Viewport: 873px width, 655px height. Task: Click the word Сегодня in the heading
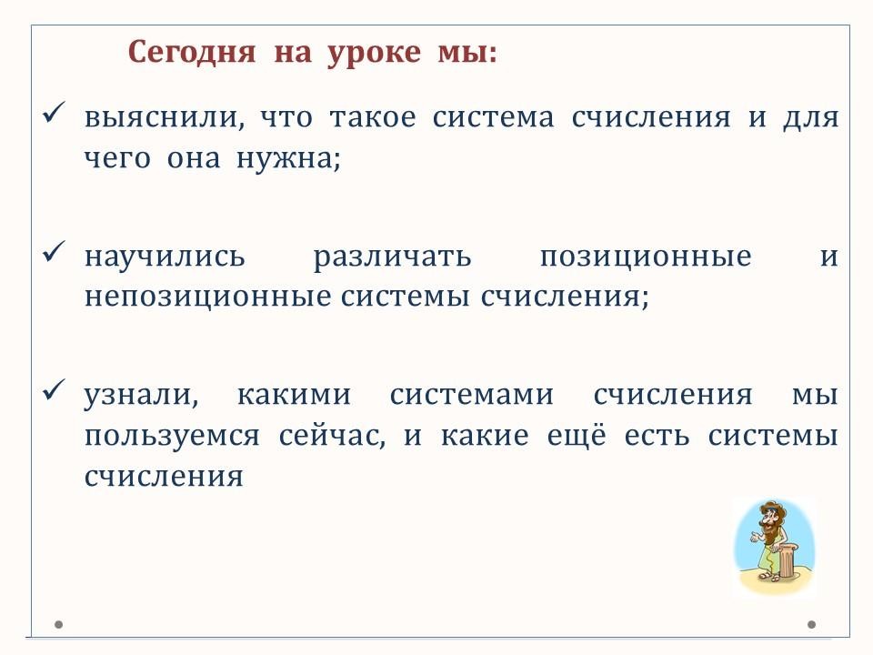point(192,53)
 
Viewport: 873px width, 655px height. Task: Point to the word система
point(493,117)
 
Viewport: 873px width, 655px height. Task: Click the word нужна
point(288,158)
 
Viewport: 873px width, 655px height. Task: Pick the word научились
point(165,257)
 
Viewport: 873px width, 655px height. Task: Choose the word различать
point(392,257)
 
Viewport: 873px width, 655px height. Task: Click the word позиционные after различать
point(646,257)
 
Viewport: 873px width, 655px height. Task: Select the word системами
point(472,395)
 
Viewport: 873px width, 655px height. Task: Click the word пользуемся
point(172,436)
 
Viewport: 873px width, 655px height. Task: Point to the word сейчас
point(332,436)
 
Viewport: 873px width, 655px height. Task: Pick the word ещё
point(576,435)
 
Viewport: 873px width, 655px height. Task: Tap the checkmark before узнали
point(54,390)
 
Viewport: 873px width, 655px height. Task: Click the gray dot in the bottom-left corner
point(58,624)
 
